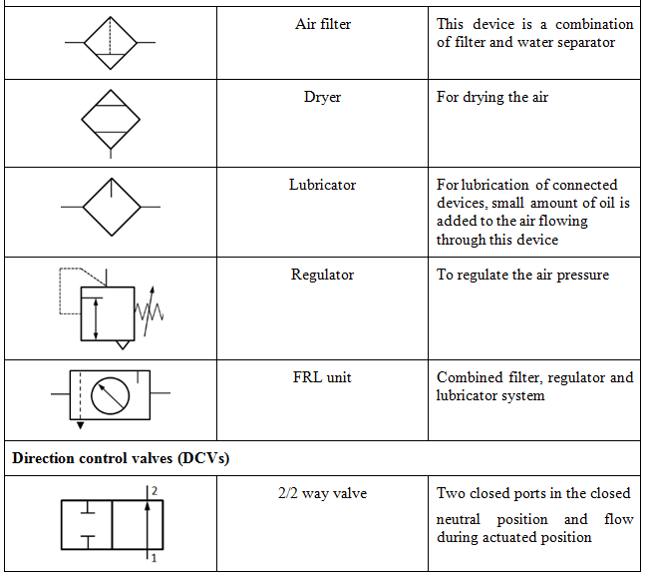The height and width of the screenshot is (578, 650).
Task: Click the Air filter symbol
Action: click(110, 43)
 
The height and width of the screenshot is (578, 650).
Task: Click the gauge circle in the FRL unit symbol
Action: click(110, 395)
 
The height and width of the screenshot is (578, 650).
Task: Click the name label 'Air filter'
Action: click(322, 24)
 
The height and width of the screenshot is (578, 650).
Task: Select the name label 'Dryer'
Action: click(322, 98)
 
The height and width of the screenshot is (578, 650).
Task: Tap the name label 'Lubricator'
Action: click(322, 185)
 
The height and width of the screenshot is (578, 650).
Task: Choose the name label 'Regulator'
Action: click(322, 275)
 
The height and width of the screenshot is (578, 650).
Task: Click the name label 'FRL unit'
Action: click(322, 377)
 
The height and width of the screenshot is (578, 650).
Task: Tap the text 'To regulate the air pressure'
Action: click(522, 275)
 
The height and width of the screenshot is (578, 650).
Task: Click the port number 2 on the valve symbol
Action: click(155, 490)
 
